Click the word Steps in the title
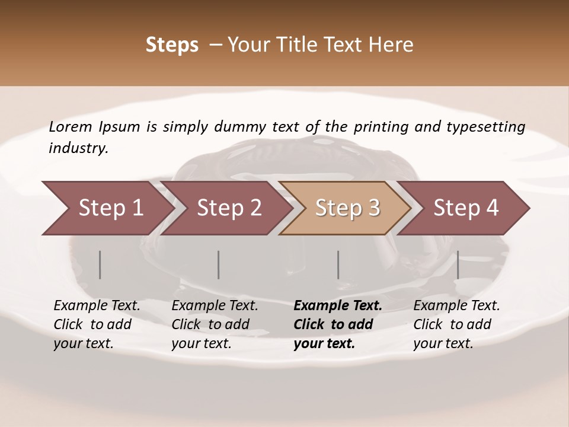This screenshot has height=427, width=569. [x=172, y=45]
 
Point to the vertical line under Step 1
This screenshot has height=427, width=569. [x=100, y=265]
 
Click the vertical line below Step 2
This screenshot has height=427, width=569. [x=219, y=265]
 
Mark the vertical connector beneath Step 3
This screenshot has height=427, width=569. [x=338, y=265]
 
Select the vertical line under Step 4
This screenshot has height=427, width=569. [x=458, y=265]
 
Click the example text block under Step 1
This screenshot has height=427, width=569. [x=97, y=324]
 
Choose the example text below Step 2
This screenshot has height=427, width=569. [x=215, y=324]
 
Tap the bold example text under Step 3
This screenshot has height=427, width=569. [x=338, y=324]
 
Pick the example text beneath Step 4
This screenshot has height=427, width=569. [x=456, y=324]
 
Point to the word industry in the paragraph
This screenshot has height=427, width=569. [x=78, y=148]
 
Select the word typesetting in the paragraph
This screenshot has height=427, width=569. [x=491, y=126]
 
